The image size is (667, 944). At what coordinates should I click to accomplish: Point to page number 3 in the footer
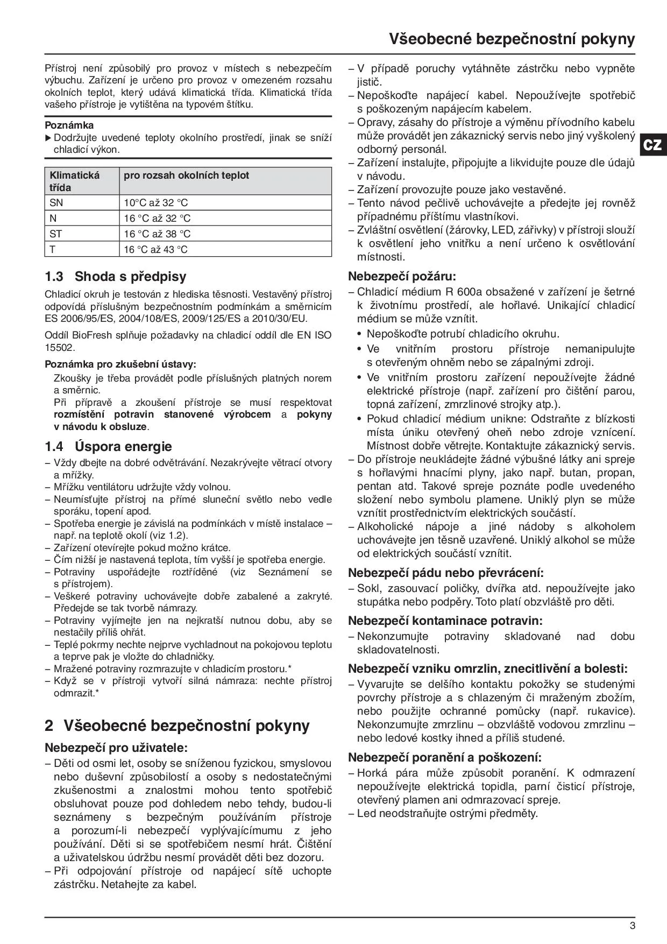coord(633,925)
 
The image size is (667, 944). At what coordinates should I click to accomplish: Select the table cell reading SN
coord(56,203)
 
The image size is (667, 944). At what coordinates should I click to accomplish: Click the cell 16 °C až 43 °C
coord(156,249)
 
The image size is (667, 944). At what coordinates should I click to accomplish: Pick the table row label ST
coord(56,234)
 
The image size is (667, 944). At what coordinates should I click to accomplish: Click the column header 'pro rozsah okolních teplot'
coord(186,175)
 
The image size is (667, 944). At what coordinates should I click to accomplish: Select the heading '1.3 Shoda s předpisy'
coord(116,277)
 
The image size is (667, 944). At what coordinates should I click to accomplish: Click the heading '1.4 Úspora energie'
coord(108,446)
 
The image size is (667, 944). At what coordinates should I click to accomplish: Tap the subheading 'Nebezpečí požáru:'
coord(402,277)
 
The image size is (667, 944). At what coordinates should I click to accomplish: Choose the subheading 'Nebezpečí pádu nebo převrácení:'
coord(446,573)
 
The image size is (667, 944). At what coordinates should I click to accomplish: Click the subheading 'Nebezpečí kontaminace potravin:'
coord(445,621)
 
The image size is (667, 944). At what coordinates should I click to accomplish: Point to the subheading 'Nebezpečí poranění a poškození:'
coord(445,757)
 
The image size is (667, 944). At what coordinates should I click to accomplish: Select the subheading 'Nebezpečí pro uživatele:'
coord(116,748)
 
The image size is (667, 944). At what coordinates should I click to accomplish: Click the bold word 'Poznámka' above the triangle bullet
coord(69,125)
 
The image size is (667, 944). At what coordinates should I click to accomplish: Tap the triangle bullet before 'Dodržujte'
coord(48,138)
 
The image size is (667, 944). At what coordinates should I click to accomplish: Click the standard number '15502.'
coord(60,347)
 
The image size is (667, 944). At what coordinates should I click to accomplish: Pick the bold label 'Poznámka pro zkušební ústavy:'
coord(120,364)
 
